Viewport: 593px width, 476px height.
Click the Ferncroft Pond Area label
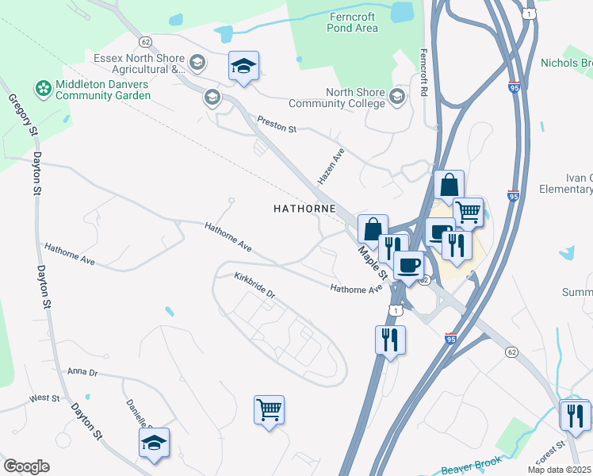pyautogui.click(x=352, y=22)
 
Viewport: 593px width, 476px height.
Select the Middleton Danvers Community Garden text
pyautogui.click(x=102, y=90)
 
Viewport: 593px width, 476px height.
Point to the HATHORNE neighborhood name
pyautogui.click(x=304, y=209)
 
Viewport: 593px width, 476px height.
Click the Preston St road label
pyautogui.click(x=276, y=125)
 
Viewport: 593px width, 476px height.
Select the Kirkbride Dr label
pyautogui.click(x=254, y=286)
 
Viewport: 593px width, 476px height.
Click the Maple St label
pyautogui.click(x=371, y=261)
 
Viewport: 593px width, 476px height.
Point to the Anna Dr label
pyautogui.click(x=82, y=371)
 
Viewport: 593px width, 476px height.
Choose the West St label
pyautogui.click(x=44, y=397)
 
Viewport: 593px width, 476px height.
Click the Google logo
pyautogui.click(x=26, y=466)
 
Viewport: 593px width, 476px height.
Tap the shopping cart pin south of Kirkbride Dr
pyautogui.click(x=270, y=410)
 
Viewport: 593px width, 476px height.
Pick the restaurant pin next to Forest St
pyautogui.click(x=575, y=416)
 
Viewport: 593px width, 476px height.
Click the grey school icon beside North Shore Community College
pyautogui.click(x=397, y=97)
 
